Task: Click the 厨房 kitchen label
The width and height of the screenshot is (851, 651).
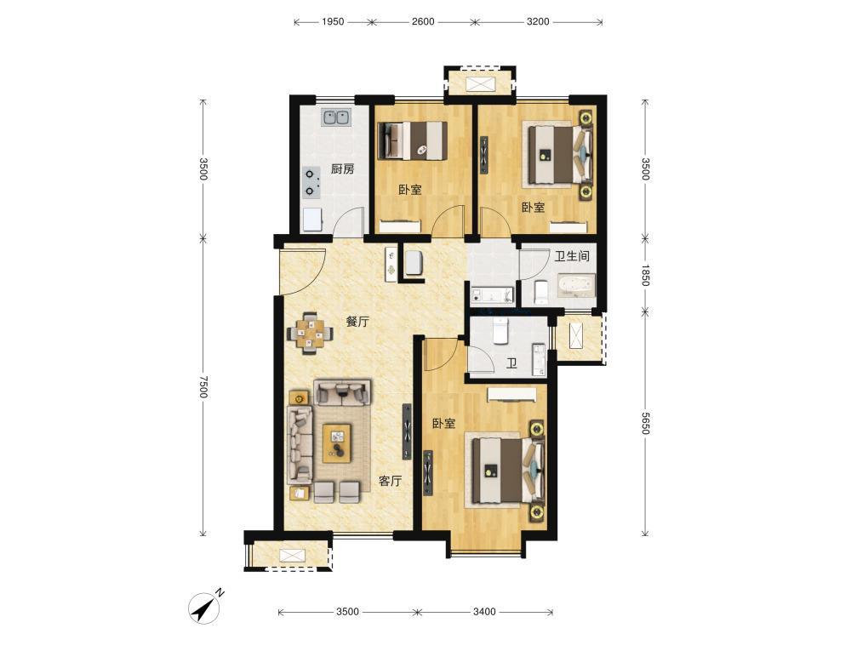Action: (342, 169)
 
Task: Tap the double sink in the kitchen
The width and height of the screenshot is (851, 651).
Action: (336, 117)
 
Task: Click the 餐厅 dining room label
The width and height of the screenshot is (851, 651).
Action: (357, 321)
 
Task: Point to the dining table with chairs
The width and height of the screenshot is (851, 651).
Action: (310, 333)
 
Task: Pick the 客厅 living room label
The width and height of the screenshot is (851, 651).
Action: (391, 481)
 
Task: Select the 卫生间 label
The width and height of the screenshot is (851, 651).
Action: (572, 256)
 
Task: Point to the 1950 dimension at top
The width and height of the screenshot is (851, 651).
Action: (333, 22)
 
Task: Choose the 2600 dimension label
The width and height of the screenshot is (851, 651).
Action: (423, 22)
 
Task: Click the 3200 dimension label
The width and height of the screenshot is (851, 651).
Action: (538, 22)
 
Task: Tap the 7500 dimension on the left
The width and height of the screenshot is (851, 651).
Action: (203, 386)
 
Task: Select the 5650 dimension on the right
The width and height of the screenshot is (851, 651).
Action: (645, 423)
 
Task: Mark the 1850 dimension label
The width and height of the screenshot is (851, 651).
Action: (645, 275)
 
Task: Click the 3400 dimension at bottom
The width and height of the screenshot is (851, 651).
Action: (484, 612)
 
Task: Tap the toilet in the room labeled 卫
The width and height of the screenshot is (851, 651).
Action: (500, 331)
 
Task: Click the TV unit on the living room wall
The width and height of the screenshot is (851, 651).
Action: (407, 431)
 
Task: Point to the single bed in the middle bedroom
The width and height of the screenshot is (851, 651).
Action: (413, 140)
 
